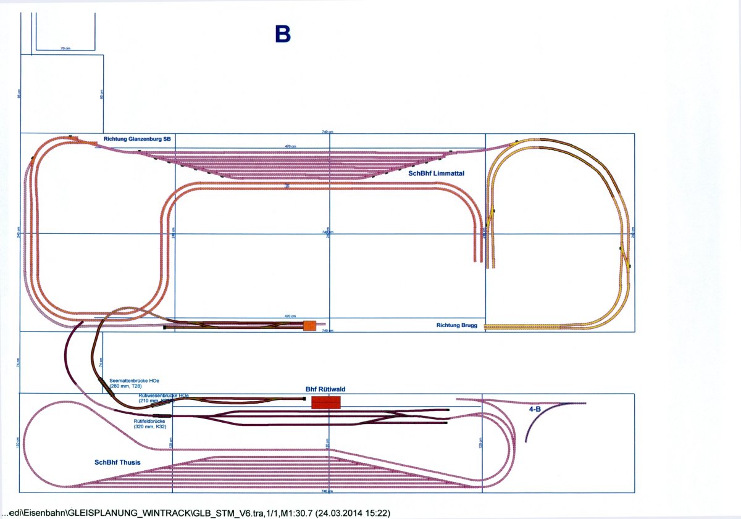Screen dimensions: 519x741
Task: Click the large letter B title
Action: point(282,35)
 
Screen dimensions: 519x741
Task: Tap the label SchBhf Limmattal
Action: point(436,174)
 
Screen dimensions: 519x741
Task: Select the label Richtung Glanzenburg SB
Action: point(137,139)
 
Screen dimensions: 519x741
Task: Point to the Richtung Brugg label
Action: point(457,325)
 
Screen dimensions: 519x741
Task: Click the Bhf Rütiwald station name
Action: point(325,389)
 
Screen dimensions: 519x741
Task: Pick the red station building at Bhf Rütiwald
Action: point(326,403)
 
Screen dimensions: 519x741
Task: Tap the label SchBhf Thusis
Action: point(117,462)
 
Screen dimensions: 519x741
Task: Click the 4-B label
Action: point(535,409)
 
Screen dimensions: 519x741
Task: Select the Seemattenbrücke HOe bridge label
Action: point(130,381)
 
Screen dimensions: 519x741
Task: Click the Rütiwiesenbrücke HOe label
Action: point(164,395)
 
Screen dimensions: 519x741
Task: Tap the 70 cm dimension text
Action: point(65,48)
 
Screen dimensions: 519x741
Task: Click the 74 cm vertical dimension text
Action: point(101,362)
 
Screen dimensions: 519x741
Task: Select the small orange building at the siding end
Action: point(309,325)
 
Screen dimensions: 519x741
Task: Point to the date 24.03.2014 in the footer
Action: point(346,513)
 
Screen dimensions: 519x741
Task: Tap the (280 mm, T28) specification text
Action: point(125,386)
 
